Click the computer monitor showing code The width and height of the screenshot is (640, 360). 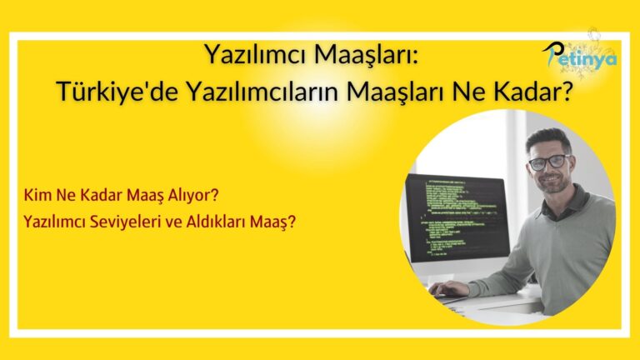453,221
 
